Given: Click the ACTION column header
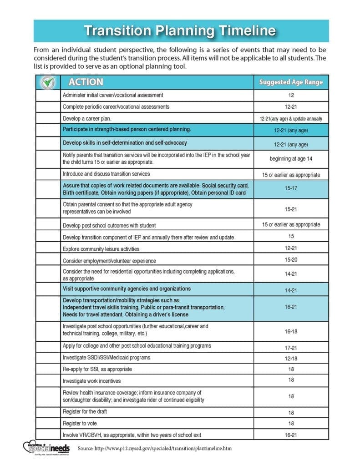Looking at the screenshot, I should click(x=86, y=82).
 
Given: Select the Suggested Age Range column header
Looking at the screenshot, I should click(x=291, y=82).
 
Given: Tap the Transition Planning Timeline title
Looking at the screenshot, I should click(x=180, y=30).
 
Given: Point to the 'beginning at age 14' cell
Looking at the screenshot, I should click(x=291, y=158).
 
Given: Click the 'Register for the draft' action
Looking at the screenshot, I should click(x=85, y=411).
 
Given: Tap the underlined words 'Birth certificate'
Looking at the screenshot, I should click(x=80, y=193).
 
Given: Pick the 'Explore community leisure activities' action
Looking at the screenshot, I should click(x=101, y=249).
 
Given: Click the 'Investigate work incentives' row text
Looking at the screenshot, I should click(x=91, y=380).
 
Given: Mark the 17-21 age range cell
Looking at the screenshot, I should click(x=291, y=348).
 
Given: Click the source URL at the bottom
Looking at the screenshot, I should click(x=155, y=448).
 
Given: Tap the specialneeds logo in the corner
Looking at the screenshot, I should click(x=46, y=447).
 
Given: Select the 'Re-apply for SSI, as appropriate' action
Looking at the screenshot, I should click(x=97, y=369).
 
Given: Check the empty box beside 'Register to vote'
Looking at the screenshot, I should click(x=48, y=423).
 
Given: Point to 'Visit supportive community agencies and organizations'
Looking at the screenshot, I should click(x=127, y=289).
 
